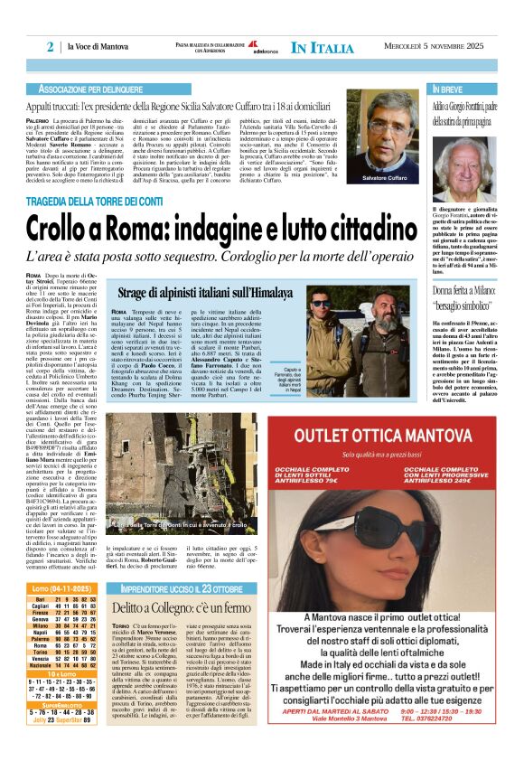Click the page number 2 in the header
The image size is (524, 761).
[x=51, y=46]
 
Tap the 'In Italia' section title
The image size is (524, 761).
[x=323, y=47]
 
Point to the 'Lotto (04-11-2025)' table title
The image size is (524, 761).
[x=62, y=587]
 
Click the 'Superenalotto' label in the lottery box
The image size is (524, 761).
[x=61, y=704]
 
